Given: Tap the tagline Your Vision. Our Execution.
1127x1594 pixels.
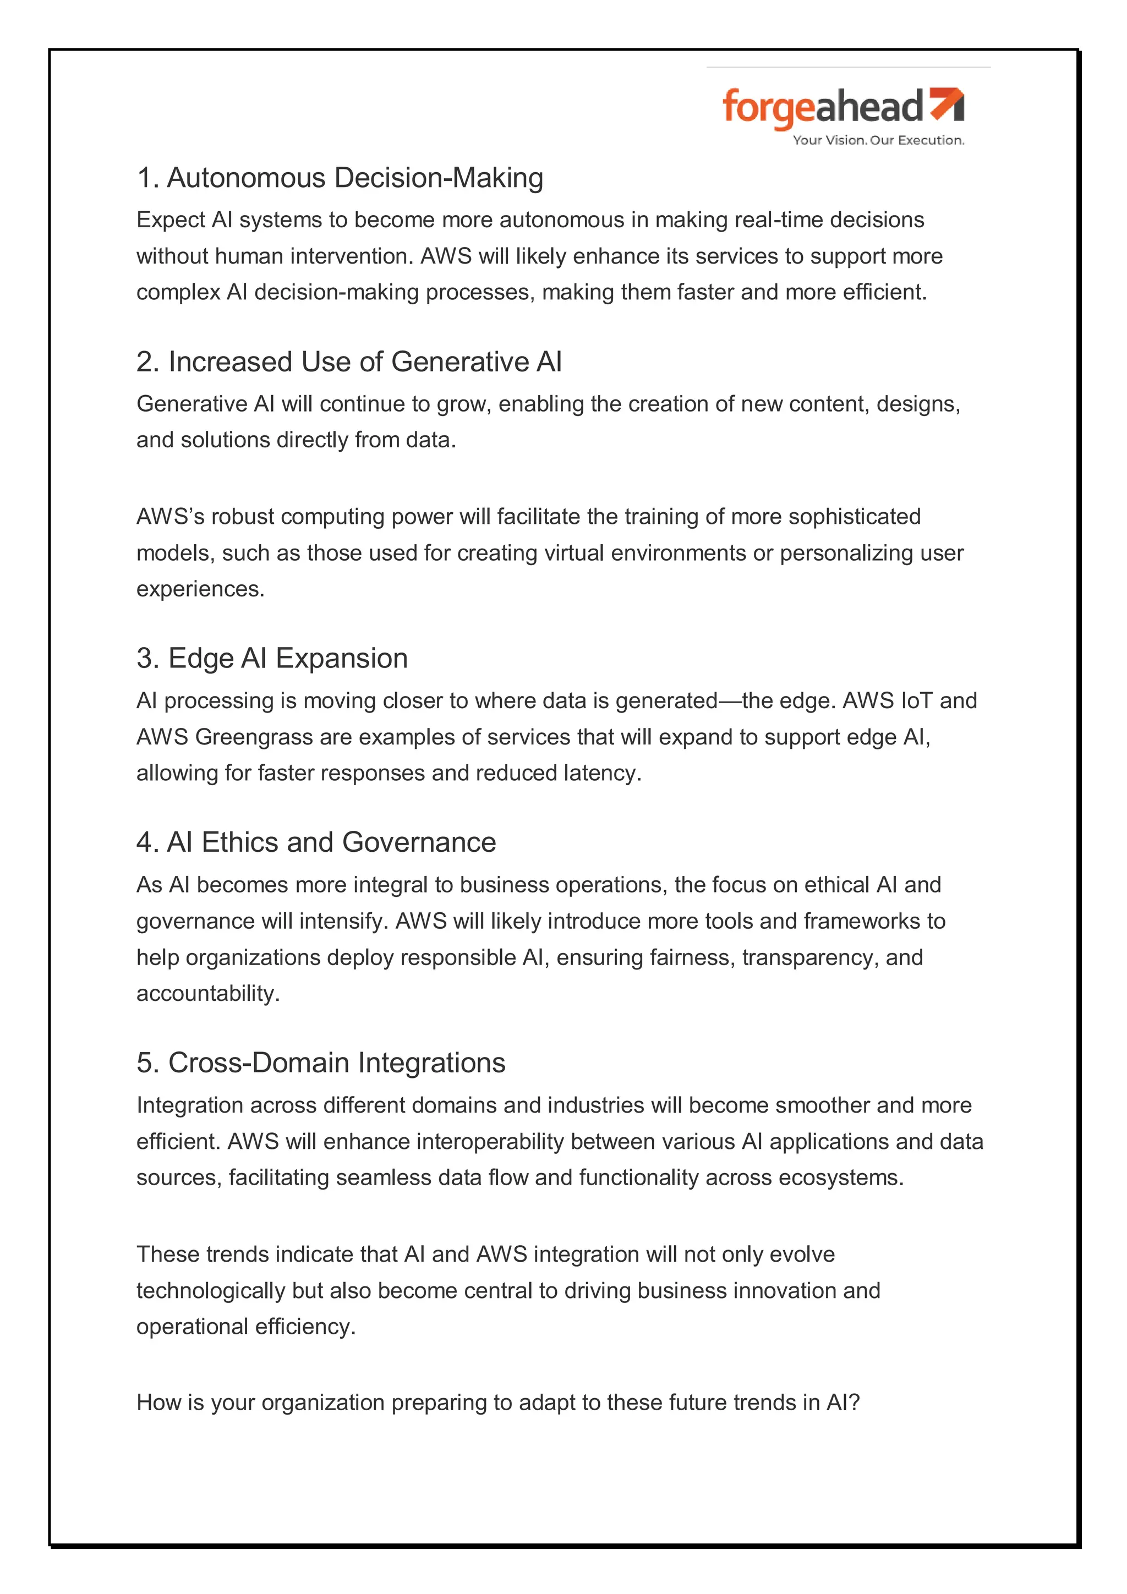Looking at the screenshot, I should pyautogui.click(x=878, y=140).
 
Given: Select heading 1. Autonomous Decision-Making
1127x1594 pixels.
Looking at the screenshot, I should pyautogui.click(x=340, y=178).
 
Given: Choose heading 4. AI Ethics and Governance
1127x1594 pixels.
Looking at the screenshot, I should pyautogui.click(x=316, y=842).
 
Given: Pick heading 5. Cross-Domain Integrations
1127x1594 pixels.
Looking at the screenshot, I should pyautogui.click(x=321, y=1063).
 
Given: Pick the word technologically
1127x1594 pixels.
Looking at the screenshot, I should pyautogui.click(x=210, y=1291).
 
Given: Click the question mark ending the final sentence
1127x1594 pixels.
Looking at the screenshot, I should pyautogui.click(x=854, y=1403).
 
